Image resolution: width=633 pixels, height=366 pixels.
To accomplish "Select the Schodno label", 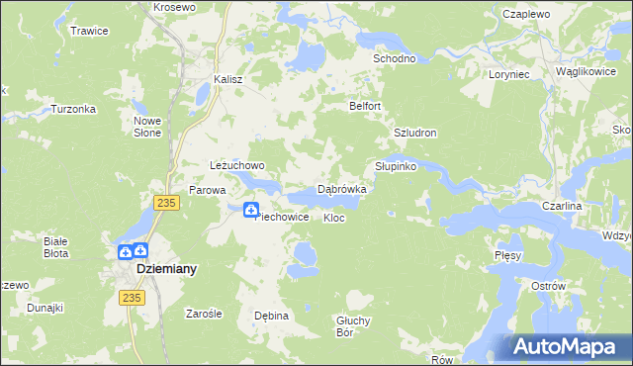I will tap(394, 58).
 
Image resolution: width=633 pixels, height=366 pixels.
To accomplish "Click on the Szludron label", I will tap(414, 133).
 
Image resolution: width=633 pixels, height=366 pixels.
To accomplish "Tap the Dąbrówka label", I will tap(341, 189).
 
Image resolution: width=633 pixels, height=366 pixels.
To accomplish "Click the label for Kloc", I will tap(334, 218).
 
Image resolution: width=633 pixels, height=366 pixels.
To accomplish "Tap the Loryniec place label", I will tap(510, 74).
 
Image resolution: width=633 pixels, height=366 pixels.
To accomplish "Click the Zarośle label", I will tap(205, 314).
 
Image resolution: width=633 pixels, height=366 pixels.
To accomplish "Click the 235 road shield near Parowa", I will tap(165, 202).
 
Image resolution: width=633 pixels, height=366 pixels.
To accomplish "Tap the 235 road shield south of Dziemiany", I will tap(131, 297).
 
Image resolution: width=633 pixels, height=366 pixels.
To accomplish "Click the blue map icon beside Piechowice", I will tap(250, 210).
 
